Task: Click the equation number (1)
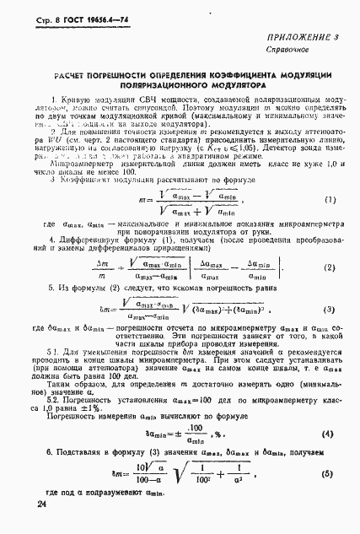pyautogui.click(x=330, y=224)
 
